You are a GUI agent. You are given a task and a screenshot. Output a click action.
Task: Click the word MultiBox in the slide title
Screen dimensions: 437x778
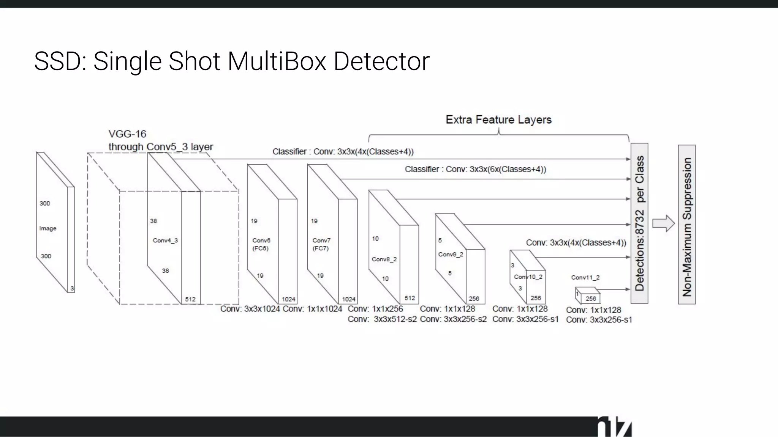tap(277, 61)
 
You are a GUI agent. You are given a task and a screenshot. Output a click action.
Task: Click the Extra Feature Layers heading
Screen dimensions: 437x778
tap(498, 120)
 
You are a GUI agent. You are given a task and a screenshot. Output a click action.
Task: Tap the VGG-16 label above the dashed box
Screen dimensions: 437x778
tap(127, 134)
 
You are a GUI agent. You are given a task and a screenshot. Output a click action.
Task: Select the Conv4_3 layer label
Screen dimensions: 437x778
tap(165, 241)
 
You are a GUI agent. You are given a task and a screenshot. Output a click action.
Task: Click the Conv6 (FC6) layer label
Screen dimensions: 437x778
tap(261, 244)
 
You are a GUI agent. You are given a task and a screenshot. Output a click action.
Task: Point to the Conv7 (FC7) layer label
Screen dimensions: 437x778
tap(321, 244)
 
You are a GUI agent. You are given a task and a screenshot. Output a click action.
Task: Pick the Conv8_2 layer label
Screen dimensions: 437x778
tap(384, 259)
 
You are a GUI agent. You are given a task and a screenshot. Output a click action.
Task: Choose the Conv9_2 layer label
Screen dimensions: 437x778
tap(451, 255)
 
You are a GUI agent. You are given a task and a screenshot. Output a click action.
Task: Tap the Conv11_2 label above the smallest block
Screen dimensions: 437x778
tap(585, 278)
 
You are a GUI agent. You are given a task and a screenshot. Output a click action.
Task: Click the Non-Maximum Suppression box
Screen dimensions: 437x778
tap(687, 225)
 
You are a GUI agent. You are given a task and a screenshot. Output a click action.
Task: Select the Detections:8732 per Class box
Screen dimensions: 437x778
tap(639, 223)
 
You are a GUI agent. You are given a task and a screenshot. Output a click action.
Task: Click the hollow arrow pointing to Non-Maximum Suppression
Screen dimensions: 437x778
tap(663, 223)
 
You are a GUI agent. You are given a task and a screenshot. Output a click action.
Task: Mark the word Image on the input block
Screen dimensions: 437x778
tap(48, 228)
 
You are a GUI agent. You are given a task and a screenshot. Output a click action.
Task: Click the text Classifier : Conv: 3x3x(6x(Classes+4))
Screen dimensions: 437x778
tap(475, 169)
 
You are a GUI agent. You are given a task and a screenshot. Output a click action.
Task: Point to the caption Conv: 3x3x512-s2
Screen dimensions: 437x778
tap(382, 319)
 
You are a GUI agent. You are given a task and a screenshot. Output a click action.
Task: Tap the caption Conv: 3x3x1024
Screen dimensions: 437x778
tap(250, 309)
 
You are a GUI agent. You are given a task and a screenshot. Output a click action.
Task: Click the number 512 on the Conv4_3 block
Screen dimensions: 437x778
tap(190, 299)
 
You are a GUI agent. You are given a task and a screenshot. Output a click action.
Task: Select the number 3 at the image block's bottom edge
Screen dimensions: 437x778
tap(72, 289)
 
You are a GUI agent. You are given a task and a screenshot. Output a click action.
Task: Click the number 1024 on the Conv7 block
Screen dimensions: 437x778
tap(349, 299)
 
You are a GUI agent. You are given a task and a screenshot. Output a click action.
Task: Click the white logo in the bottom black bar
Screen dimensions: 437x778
tap(614, 428)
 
